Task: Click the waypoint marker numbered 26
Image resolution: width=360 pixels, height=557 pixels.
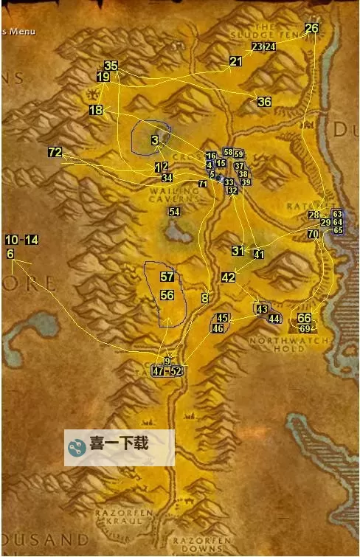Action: pyautogui.click(x=311, y=28)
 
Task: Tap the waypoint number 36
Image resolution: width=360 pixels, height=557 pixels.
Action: pyautogui.click(x=264, y=102)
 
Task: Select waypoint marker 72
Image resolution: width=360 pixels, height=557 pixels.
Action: pyautogui.click(x=55, y=152)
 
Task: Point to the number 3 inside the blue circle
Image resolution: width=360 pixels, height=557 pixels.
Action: pyautogui.click(x=155, y=140)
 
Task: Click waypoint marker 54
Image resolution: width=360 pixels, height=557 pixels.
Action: pyautogui.click(x=174, y=212)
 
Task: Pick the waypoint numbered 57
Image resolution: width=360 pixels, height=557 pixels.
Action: pyautogui.click(x=167, y=277)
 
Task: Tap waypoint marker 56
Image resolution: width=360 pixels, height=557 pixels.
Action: pyautogui.click(x=167, y=295)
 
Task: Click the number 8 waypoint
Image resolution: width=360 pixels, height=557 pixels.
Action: pyautogui.click(x=204, y=298)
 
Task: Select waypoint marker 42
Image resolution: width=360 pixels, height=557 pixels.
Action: pyautogui.click(x=228, y=277)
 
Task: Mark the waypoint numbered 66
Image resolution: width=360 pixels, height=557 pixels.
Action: pyautogui.click(x=304, y=318)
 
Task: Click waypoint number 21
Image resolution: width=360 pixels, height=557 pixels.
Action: pyautogui.click(x=235, y=61)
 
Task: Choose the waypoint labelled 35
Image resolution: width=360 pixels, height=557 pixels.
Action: pyautogui.click(x=111, y=66)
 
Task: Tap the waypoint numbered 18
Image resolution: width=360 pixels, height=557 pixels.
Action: pyautogui.click(x=96, y=110)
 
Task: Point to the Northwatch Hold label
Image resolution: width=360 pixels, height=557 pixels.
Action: pyautogui.click(x=277, y=345)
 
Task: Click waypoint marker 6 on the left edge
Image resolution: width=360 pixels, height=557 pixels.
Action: pyautogui.click(x=10, y=254)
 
